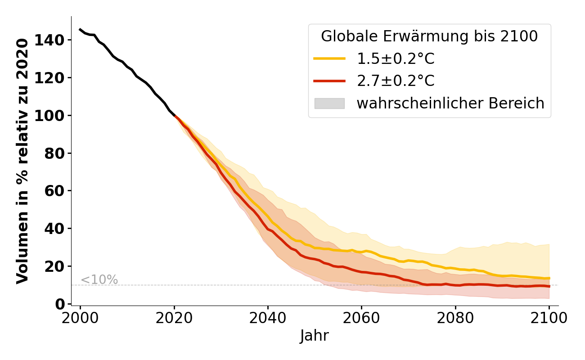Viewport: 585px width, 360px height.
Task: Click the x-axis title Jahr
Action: point(315,336)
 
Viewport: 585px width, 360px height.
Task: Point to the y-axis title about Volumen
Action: point(22,161)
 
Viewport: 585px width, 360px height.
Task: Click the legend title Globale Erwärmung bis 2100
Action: point(429,36)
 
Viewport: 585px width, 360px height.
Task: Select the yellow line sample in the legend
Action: point(329,58)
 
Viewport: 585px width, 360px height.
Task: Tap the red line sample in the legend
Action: point(329,81)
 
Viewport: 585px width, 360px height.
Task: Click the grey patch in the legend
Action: point(329,103)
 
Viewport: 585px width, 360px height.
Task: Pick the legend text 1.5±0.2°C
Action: point(396,58)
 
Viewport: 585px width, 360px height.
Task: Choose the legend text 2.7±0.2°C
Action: point(396,81)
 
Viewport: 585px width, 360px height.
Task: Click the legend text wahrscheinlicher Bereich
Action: point(450,103)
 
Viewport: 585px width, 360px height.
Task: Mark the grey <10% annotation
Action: point(99,280)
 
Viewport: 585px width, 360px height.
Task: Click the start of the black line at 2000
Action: point(80,30)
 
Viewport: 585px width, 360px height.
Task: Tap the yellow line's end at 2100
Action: point(549,278)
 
